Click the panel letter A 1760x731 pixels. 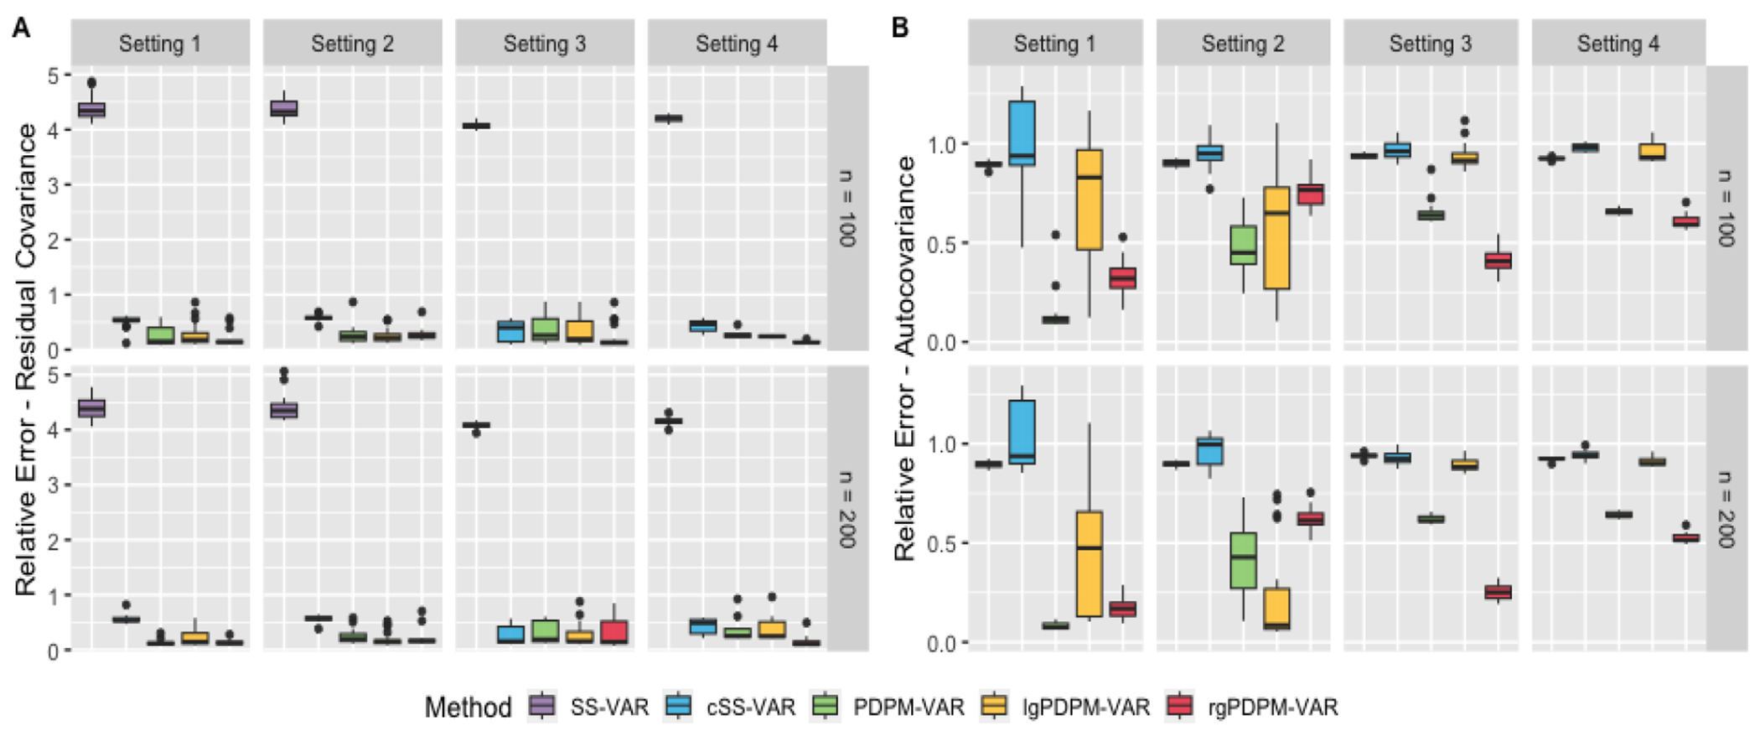pyautogui.click(x=21, y=28)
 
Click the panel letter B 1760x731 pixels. pyautogui.click(x=900, y=28)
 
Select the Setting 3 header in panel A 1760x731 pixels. pyautogui.click(x=545, y=44)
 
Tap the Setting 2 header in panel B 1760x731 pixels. pyautogui.click(x=1243, y=44)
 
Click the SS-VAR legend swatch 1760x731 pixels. pyautogui.click(x=542, y=707)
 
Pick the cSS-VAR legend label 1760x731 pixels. pyautogui.click(x=750, y=708)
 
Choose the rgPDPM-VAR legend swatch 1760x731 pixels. pyautogui.click(x=1180, y=707)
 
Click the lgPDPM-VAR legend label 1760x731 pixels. pyautogui.click(x=1085, y=708)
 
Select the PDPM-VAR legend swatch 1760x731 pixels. pyautogui.click(x=826, y=707)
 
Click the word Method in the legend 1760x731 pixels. pyautogui.click(x=468, y=708)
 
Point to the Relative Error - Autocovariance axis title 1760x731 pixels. pyautogui.click(x=905, y=359)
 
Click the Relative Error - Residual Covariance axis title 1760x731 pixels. pyautogui.click(x=26, y=359)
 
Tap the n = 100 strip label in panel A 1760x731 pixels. pyautogui.click(x=847, y=208)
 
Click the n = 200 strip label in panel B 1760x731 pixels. pyautogui.click(x=1725, y=509)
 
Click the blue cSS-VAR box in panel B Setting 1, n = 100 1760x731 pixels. pyautogui.click(x=1022, y=133)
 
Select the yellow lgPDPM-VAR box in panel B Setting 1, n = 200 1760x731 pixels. pyautogui.click(x=1089, y=563)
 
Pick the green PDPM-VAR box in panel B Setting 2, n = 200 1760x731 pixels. pyautogui.click(x=1243, y=560)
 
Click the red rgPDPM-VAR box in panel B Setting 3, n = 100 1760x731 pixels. pyautogui.click(x=1498, y=261)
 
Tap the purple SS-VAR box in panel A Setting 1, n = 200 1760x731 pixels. pyautogui.click(x=91, y=408)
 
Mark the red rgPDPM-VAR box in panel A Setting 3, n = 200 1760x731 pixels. pyautogui.click(x=614, y=632)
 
